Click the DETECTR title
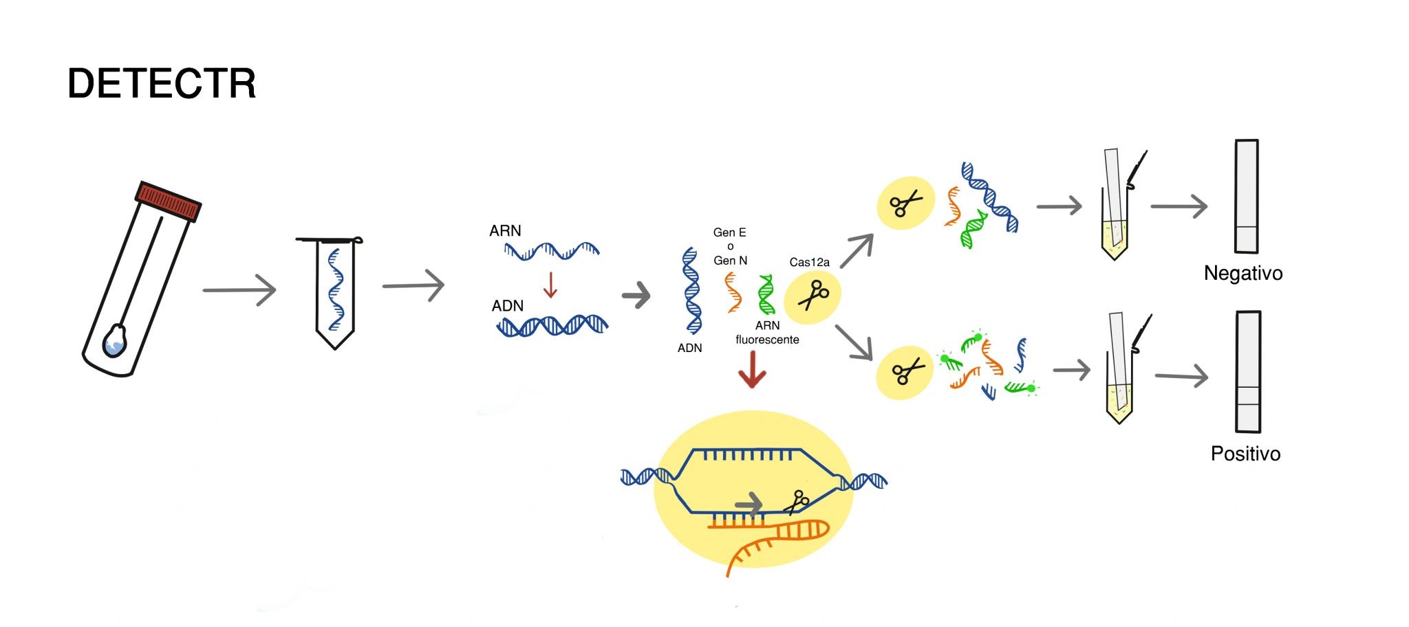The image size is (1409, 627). coord(162,84)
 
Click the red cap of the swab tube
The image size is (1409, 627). coord(168,201)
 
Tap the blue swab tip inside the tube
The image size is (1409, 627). coord(115,342)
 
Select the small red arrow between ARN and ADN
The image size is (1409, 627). coord(550,284)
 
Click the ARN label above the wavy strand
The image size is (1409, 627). coord(505,231)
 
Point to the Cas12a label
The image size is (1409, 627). coord(809,262)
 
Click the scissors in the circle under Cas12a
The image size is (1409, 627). coord(813,296)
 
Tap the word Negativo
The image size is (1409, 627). coord(1243,274)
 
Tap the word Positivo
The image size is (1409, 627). coord(1245,454)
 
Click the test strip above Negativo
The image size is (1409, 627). coord(1247,197)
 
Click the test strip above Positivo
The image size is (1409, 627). coord(1248,372)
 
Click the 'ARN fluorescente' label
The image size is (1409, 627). coord(767,333)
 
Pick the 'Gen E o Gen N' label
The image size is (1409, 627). coord(730,246)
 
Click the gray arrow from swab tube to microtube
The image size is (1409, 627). coord(239,290)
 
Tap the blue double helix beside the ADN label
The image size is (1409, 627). coord(552,325)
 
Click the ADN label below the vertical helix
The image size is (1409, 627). coord(689,348)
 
